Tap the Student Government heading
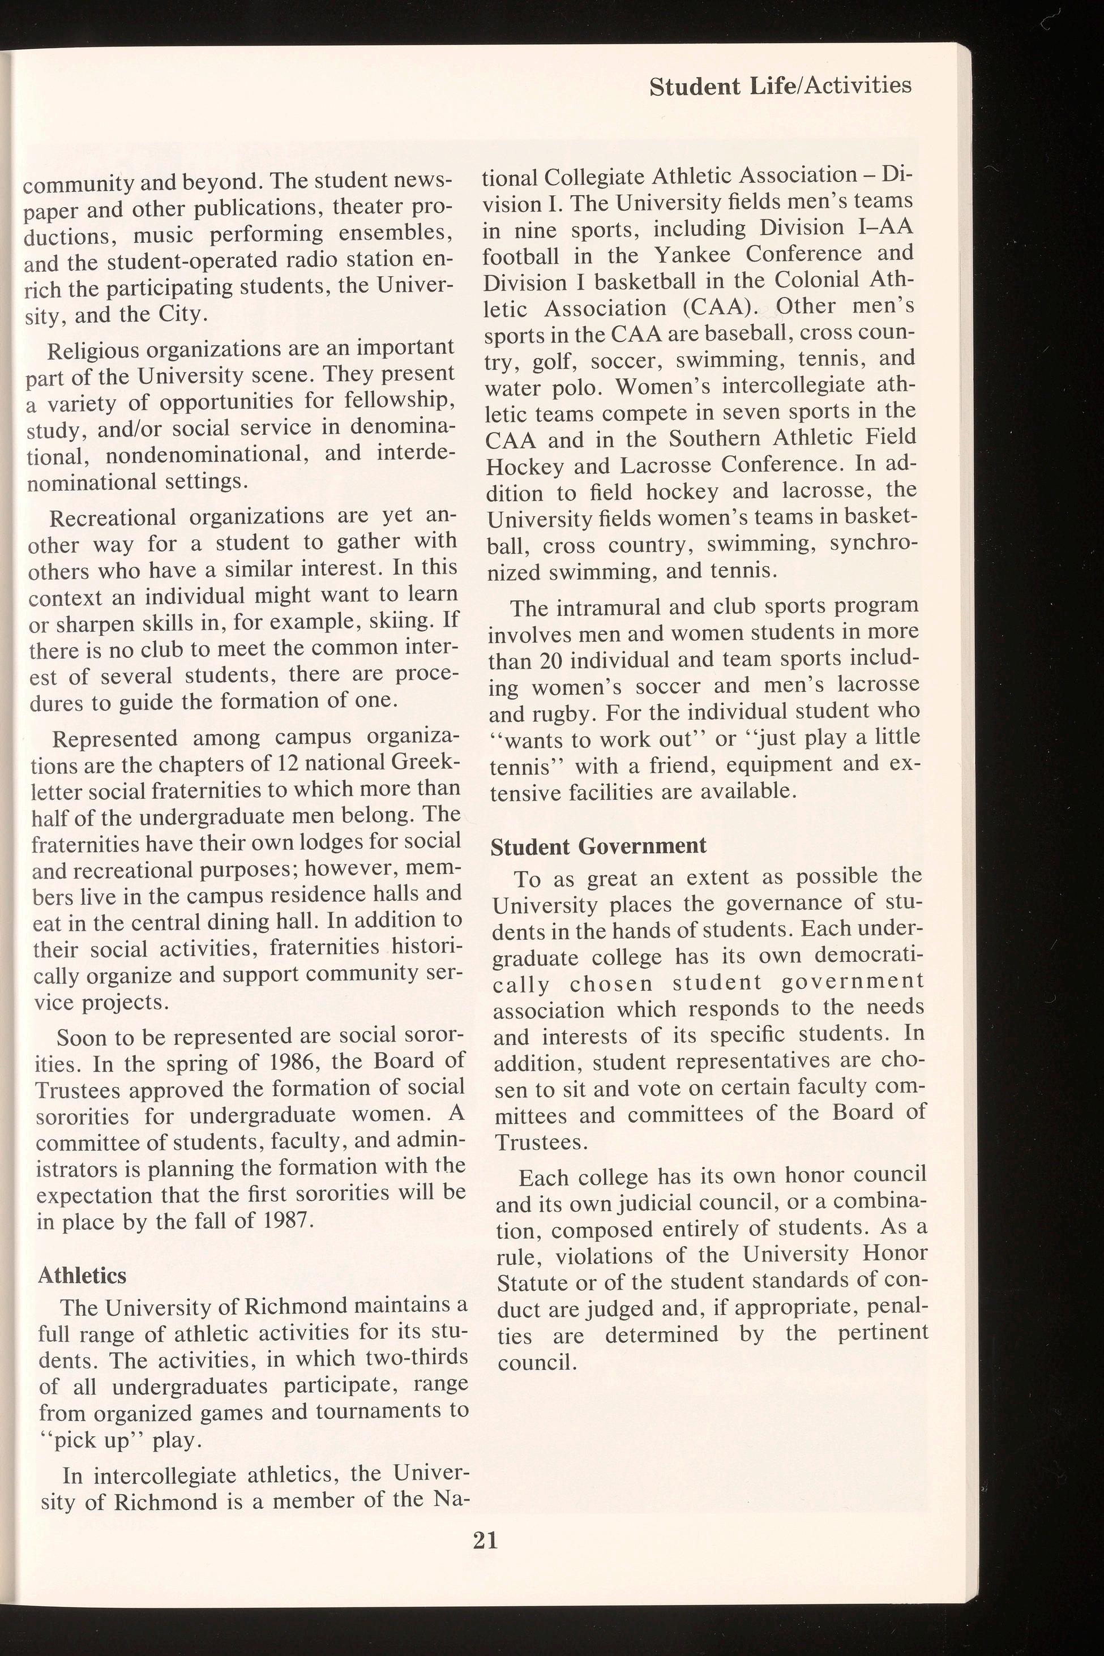pyautogui.click(x=598, y=846)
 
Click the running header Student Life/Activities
pyautogui.click(x=780, y=87)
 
